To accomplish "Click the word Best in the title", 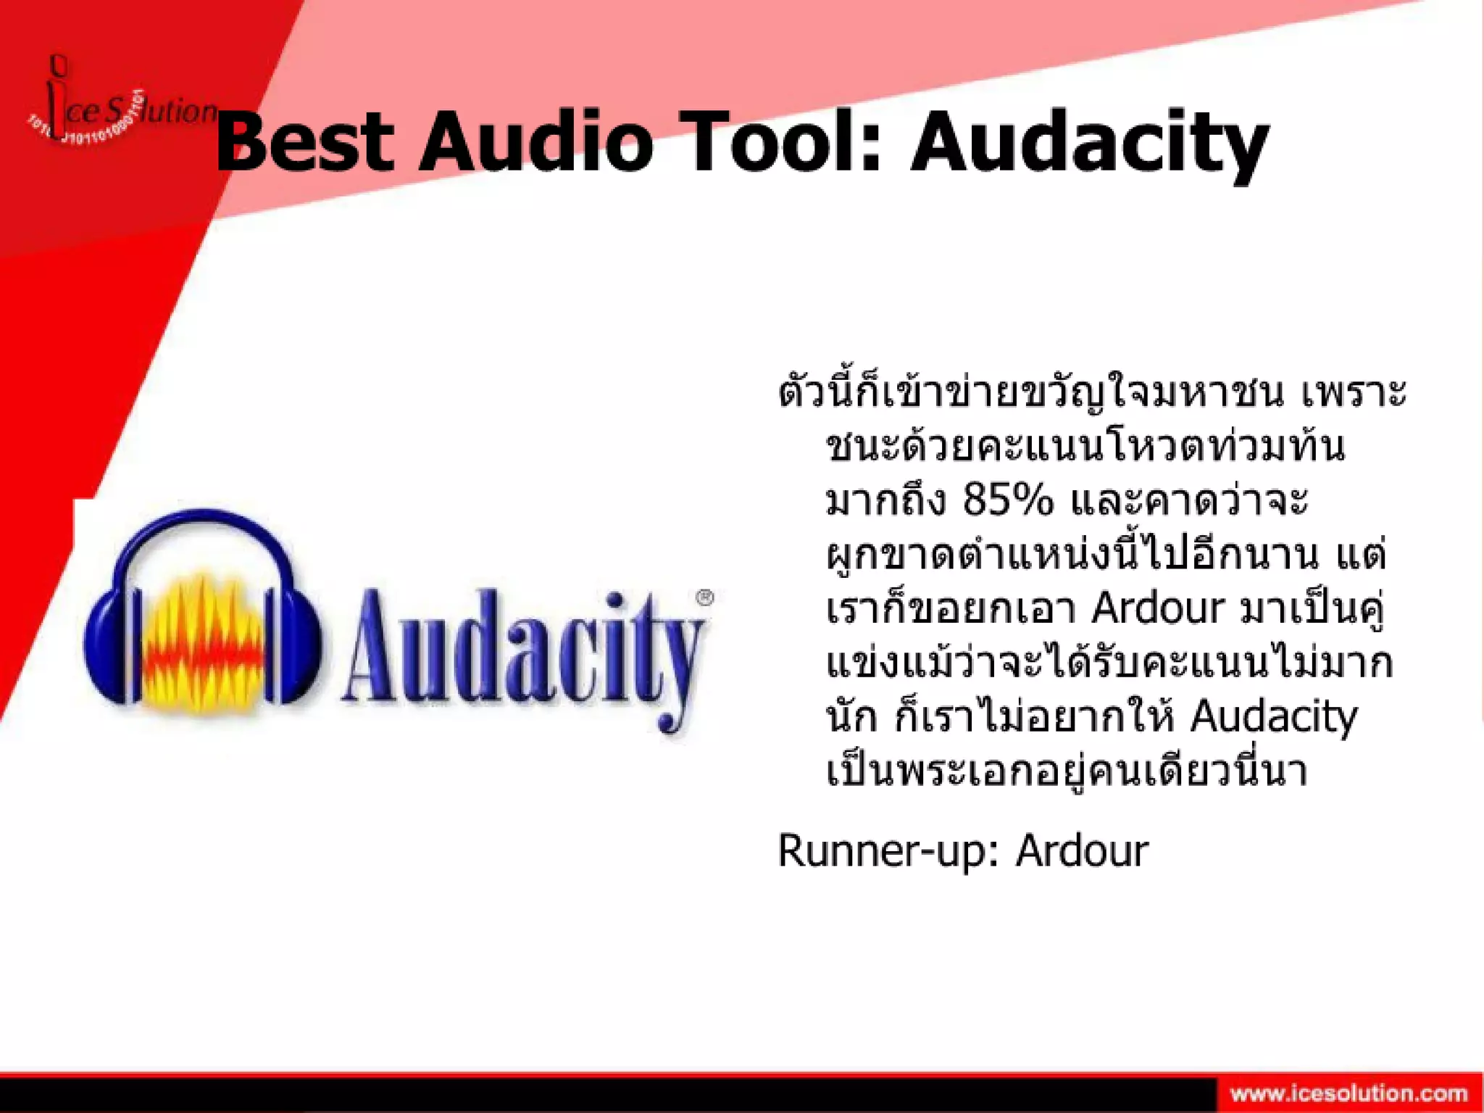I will [x=304, y=141].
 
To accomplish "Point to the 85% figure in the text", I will [x=1007, y=500].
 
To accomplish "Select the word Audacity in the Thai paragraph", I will [x=1273, y=716].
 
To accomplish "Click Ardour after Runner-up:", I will [x=1082, y=851].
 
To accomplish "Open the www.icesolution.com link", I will [x=1348, y=1093].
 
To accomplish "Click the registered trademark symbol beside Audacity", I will [x=704, y=597].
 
